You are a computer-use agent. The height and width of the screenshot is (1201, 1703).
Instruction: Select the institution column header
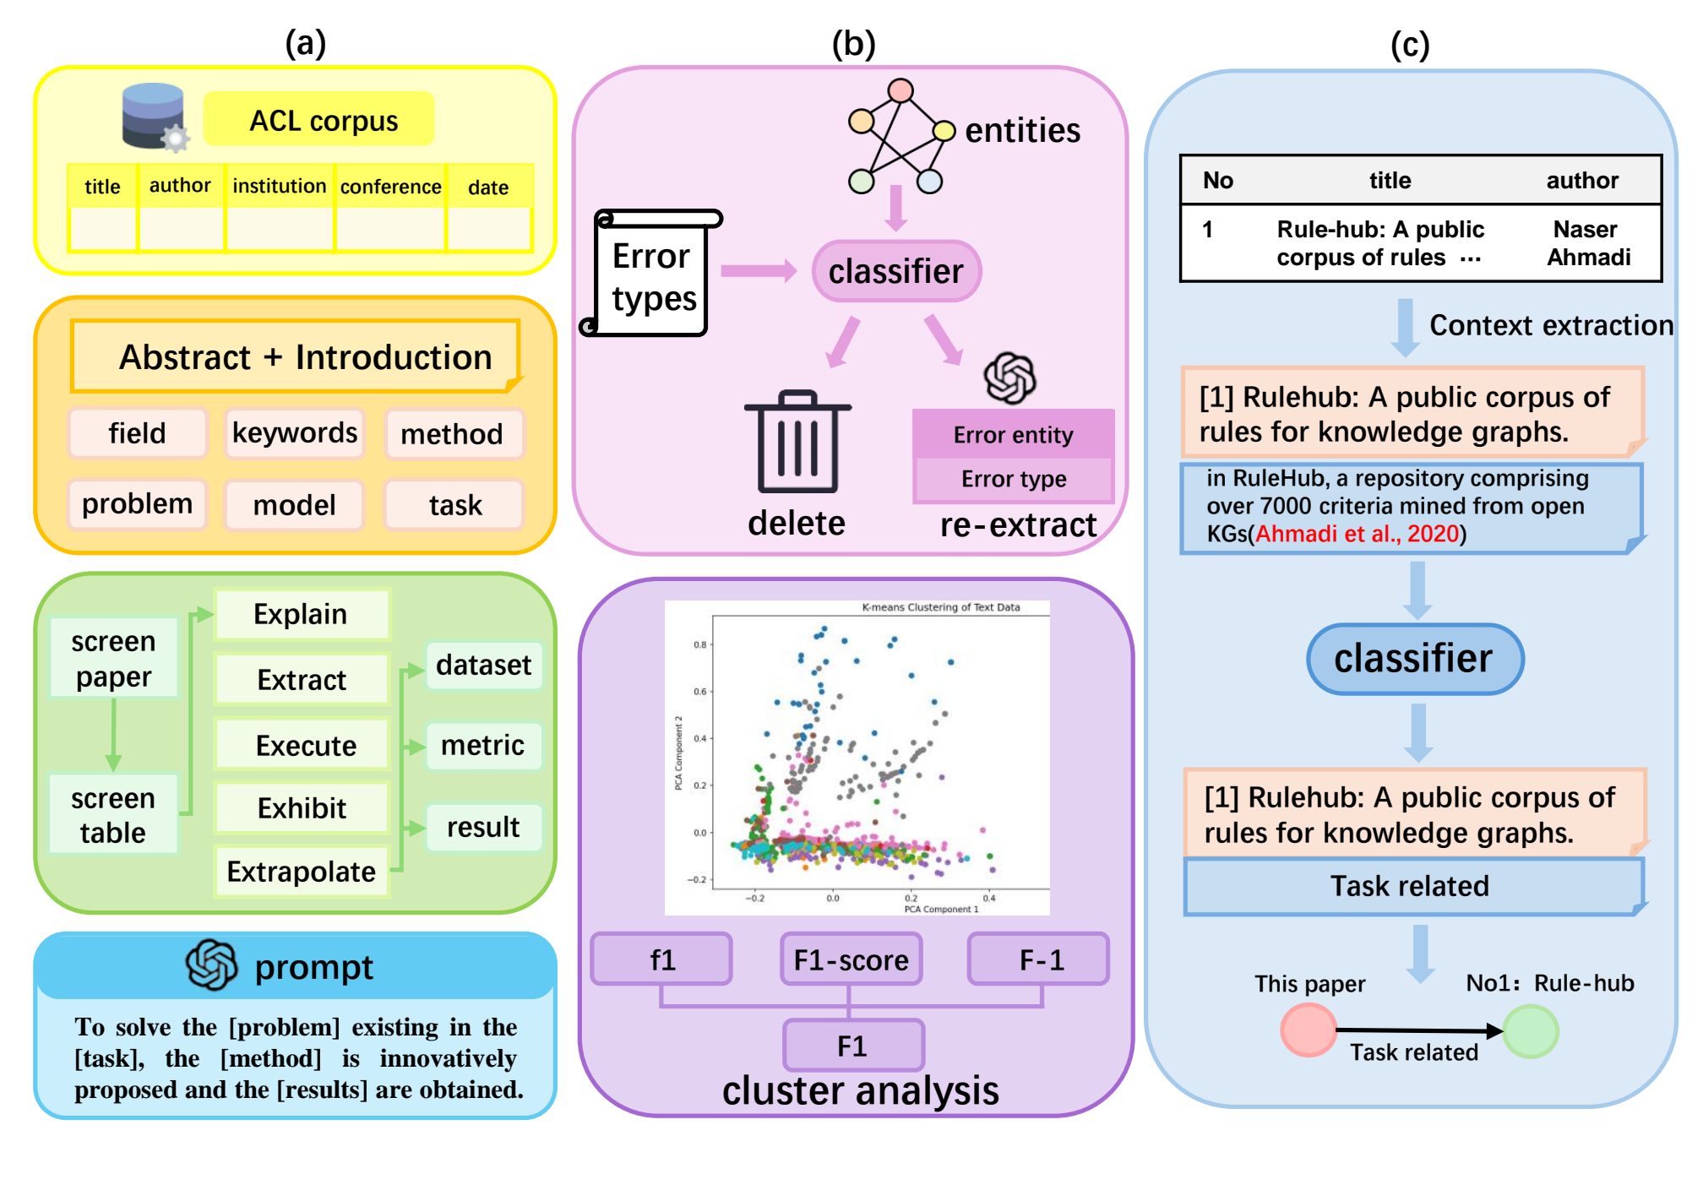tap(279, 186)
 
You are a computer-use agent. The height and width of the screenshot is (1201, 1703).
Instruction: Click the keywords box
tap(294, 433)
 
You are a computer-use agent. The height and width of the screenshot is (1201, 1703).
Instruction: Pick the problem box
tap(137, 504)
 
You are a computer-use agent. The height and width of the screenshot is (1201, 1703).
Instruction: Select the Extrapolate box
tap(301, 872)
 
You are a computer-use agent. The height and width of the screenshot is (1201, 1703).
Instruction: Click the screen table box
tap(112, 815)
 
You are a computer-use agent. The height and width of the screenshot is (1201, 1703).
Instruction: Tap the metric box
tap(482, 745)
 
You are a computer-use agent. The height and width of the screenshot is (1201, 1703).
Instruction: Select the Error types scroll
tap(652, 275)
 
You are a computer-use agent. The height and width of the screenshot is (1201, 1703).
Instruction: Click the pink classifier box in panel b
tap(895, 271)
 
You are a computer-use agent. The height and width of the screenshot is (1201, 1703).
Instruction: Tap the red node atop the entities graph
tap(900, 90)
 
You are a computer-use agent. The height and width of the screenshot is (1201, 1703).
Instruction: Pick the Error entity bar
tap(1013, 434)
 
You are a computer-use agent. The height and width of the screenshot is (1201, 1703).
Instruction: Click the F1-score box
tap(851, 959)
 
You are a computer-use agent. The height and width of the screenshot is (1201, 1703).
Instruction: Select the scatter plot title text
tap(940, 607)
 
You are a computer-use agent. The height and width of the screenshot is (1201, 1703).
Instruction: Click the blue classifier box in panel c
tap(1413, 659)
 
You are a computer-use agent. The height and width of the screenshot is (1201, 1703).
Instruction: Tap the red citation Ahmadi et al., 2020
tap(1357, 534)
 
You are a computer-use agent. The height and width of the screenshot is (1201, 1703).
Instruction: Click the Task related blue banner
tap(1410, 886)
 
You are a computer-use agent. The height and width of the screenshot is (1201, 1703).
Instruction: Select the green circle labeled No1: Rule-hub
tap(1530, 1031)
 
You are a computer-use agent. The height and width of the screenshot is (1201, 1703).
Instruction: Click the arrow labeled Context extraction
tap(1405, 326)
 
